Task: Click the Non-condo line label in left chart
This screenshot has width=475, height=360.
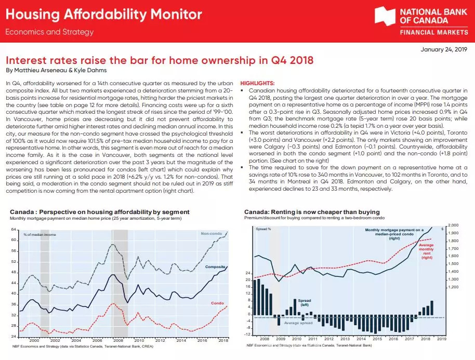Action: pos(211,234)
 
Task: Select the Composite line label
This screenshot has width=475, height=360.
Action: pos(215,267)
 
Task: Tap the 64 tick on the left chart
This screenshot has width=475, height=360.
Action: pos(14,230)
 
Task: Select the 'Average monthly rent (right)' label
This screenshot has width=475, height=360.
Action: pos(426,251)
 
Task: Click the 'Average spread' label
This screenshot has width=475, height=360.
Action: pos(298,323)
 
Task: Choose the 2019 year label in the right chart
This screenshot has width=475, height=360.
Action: pos(441,338)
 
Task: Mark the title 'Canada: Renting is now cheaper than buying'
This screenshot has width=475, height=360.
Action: pos(312,212)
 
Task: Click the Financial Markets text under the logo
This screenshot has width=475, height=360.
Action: pos(431,32)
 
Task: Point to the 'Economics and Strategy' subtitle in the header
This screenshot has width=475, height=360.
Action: pos(49,32)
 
